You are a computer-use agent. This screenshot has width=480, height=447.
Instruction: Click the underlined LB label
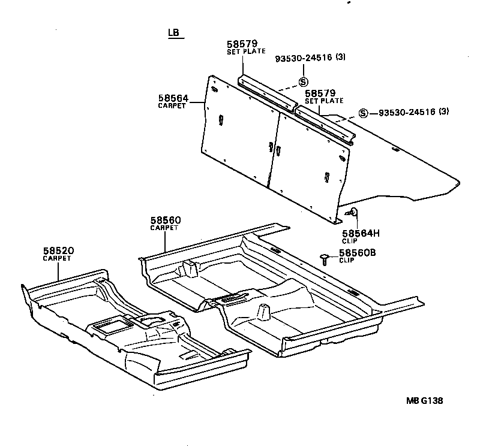175,34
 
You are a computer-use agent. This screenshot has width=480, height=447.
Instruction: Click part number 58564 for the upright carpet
173,98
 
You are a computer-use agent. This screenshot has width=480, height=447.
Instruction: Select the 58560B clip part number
357,253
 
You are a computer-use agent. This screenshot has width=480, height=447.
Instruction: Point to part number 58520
58,251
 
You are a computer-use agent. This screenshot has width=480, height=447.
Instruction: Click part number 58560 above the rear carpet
166,221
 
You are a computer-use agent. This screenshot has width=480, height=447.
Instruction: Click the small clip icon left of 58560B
325,258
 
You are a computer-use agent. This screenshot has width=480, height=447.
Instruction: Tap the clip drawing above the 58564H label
352,212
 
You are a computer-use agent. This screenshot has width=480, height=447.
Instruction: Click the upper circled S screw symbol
304,82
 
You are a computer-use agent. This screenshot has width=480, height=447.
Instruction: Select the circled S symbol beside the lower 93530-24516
363,113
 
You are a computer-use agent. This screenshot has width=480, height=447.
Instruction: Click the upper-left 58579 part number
242,44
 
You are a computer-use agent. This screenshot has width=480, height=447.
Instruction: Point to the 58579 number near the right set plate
320,93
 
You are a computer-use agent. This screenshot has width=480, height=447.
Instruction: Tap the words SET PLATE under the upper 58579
245,52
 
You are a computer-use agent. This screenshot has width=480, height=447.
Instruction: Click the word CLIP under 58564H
349,240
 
